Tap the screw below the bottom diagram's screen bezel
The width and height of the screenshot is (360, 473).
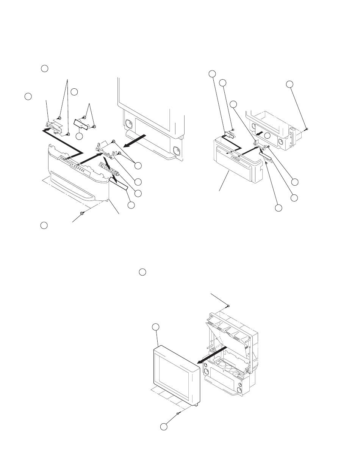coord(177,413)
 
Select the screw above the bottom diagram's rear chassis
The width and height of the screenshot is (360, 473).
coord(228,305)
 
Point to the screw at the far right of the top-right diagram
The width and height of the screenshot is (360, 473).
coord(306,128)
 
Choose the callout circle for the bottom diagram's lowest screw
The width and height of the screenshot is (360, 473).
coord(163,427)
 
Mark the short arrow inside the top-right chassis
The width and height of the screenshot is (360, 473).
coord(259,133)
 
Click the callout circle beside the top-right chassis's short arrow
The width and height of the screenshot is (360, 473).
coord(268,136)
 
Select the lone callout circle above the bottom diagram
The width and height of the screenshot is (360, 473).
coord(142,272)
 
